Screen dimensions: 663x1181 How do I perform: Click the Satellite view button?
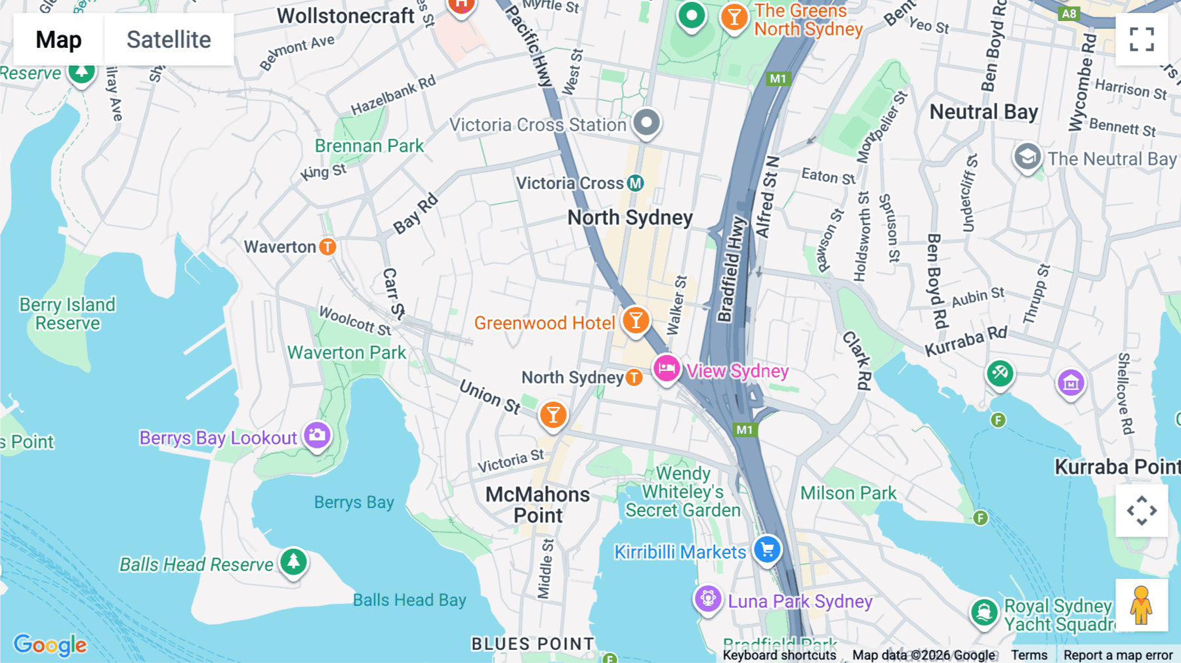169,40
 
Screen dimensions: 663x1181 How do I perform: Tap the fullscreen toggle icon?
1142,39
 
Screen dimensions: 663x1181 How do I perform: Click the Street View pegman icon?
1142,605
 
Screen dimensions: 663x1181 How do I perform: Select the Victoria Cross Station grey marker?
647,123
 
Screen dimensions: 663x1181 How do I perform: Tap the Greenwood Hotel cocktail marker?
636,321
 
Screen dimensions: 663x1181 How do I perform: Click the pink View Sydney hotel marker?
667,369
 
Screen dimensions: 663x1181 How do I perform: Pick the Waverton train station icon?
327,247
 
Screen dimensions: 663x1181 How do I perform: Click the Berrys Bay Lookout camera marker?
318,435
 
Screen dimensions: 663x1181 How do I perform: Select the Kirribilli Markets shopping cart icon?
767,549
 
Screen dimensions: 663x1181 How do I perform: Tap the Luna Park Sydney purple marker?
708,599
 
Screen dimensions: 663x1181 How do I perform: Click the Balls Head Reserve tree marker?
294,562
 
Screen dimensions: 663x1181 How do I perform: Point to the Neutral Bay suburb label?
984,112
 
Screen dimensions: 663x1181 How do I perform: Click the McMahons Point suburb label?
537,505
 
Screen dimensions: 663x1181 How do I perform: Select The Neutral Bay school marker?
1027,158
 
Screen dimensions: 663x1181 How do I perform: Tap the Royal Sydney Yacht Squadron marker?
984,612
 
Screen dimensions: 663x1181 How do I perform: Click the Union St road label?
489,396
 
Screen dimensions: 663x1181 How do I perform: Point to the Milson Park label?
848,493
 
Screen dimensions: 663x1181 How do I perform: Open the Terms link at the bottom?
1029,654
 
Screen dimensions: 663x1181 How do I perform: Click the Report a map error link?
1117,654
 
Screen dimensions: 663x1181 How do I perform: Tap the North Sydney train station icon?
634,377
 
